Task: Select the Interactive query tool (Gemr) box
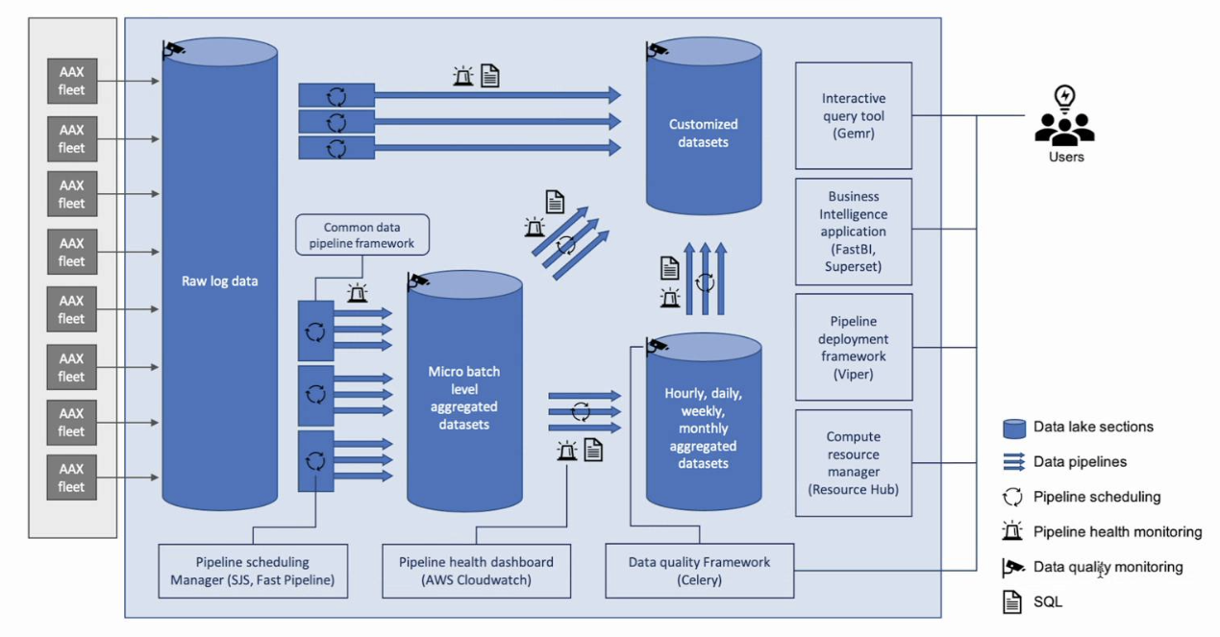click(x=854, y=115)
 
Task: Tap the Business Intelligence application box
click(x=854, y=232)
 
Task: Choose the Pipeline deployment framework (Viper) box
click(x=854, y=347)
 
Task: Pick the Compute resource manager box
click(x=854, y=463)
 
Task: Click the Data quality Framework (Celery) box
click(x=699, y=571)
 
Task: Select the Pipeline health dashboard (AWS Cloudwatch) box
click(x=476, y=571)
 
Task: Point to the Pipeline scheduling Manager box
click(x=253, y=571)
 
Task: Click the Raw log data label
click(x=220, y=282)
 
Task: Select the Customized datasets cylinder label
click(x=704, y=133)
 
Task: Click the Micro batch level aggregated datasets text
click(x=463, y=398)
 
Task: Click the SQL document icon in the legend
click(x=1011, y=602)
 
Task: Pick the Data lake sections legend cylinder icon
click(x=1013, y=428)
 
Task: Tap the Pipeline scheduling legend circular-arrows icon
click(x=1013, y=497)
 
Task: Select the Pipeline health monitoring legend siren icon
click(x=1012, y=531)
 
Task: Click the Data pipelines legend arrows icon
click(x=1013, y=462)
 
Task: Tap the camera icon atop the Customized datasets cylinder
click(x=658, y=48)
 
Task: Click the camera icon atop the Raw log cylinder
click(x=174, y=48)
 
